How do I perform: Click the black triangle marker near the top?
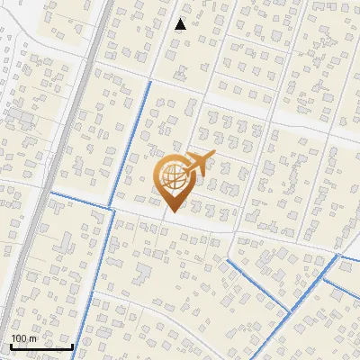point(181,24)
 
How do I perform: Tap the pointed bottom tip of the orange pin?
point(171,211)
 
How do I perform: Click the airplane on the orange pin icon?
point(199,166)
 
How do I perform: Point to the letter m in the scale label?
point(33,337)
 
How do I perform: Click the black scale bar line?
point(40,346)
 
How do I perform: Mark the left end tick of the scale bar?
point(10,345)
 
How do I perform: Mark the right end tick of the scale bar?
point(72,345)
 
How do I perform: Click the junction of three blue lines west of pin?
point(112,207)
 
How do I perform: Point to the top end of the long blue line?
point(149,82)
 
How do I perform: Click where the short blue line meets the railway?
point(49,192)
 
